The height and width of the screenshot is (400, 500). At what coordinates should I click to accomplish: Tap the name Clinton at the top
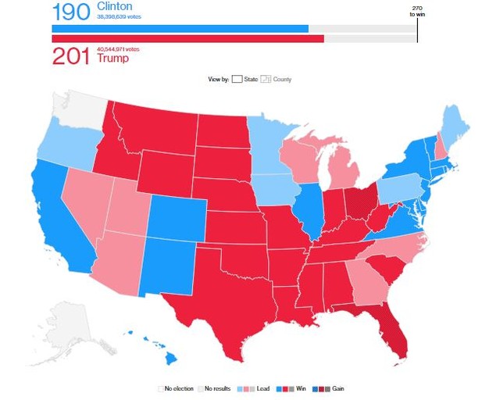(x=115, y=6)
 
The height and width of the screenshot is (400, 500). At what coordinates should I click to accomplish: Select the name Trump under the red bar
(x=112, y=59)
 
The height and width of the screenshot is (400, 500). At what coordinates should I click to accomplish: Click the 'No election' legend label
(x=180, y=388)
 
